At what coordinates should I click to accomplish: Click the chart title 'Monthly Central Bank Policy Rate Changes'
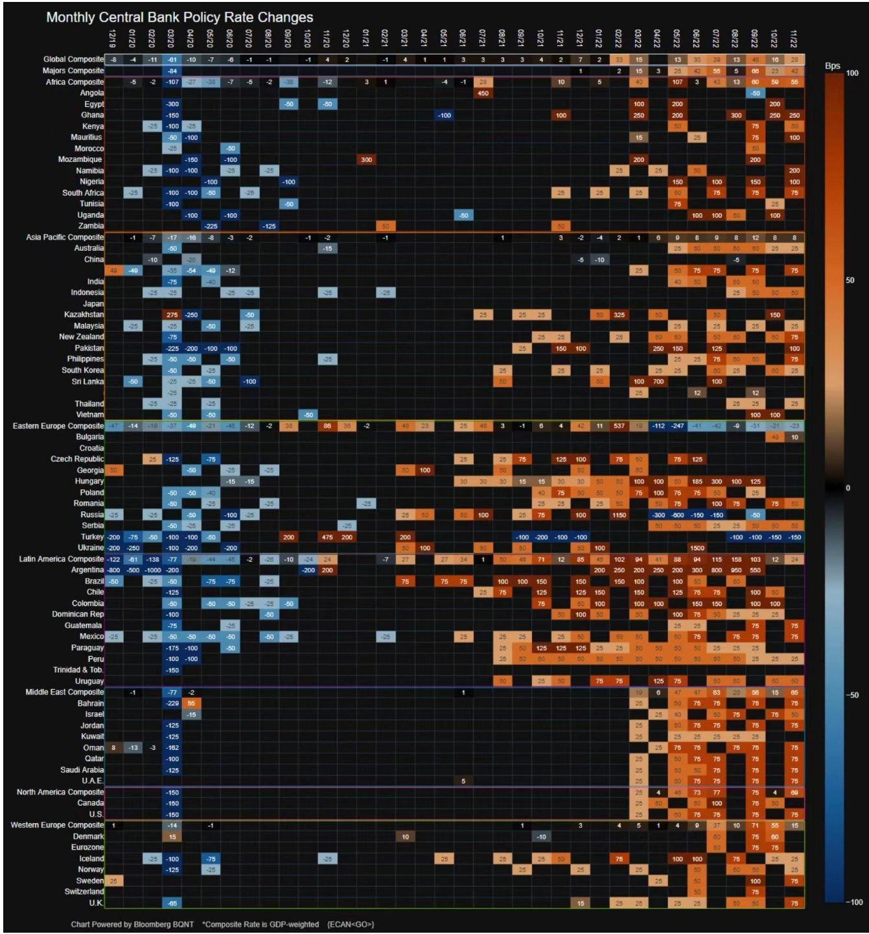180,18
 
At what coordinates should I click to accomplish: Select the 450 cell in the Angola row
483,93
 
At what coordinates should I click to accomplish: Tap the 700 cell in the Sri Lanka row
658,382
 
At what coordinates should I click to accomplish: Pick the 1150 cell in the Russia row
619,515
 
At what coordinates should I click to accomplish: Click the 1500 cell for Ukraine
697,548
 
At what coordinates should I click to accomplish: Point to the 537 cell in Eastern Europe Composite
619,426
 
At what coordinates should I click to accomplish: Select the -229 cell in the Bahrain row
172,703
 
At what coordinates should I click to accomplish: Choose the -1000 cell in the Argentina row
153,570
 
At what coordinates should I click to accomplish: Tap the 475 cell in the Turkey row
327,537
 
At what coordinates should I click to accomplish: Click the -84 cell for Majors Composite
172,71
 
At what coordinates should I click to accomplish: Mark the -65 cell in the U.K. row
172,903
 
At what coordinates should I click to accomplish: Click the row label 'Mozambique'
80,159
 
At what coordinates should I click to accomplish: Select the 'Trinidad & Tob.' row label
78,670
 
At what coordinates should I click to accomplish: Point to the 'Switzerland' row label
84,892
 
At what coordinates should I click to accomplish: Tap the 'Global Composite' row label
73,60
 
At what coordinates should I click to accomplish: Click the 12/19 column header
113,37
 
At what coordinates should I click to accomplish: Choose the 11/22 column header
794,37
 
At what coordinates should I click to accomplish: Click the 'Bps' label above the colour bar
833,66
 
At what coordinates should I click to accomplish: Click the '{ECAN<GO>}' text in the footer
351,924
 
